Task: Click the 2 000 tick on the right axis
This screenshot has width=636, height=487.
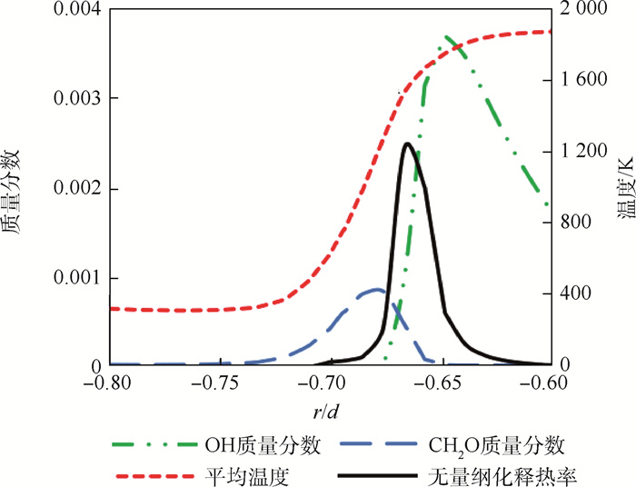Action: pos(580,9)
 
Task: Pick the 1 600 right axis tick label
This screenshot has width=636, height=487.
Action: pos(580,80)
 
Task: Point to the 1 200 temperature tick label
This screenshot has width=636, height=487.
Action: pos(580,152)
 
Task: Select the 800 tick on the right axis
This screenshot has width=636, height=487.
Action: pos(573,223)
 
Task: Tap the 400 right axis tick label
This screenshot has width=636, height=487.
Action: pos(573,293)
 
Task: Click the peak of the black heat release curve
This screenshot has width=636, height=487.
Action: pos(406,144)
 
